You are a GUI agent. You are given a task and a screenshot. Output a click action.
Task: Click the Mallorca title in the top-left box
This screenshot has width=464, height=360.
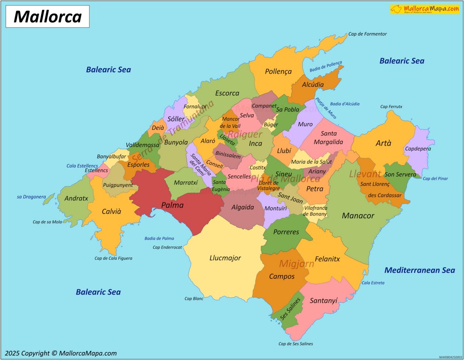pos(47,17)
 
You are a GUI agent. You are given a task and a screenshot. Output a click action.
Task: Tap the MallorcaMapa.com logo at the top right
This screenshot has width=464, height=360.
pos(424,9)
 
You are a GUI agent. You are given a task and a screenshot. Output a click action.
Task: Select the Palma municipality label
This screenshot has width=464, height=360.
pos(172,205)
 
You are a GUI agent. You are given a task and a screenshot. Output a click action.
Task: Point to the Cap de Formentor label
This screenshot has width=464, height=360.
pos(367,34)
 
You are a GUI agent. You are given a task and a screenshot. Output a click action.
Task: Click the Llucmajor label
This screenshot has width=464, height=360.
pos(225,258)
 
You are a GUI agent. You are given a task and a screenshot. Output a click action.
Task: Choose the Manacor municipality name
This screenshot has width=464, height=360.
pos(358,216)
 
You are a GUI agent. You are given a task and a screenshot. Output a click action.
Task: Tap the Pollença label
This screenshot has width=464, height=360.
pos(278,71)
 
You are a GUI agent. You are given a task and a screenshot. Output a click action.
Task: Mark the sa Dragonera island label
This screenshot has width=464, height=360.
pos(32,197)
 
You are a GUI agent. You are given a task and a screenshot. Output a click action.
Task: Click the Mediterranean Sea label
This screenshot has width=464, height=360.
pos(419,270)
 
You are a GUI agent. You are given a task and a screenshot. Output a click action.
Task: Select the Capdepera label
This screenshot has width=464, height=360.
pos(418,149)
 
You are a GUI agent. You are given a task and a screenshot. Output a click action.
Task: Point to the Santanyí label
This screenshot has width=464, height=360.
pos(323,301)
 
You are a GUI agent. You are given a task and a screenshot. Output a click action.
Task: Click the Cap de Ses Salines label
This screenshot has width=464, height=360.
pos(296,344)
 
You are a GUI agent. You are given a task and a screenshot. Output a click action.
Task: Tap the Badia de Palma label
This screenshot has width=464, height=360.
pos(159,238)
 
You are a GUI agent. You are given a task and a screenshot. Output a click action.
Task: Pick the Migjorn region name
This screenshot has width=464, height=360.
pos(296,264)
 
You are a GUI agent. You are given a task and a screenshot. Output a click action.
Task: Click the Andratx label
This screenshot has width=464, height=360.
pos(76,198)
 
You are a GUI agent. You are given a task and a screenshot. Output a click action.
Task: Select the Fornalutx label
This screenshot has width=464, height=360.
pos(194,106)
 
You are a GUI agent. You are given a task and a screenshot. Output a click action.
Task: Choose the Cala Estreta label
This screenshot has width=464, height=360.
pos(373,283)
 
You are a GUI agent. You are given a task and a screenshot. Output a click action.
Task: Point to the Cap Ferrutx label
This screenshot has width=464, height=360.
pos(391,107)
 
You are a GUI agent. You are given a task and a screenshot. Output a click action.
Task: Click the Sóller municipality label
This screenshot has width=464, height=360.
pos(176,119)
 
